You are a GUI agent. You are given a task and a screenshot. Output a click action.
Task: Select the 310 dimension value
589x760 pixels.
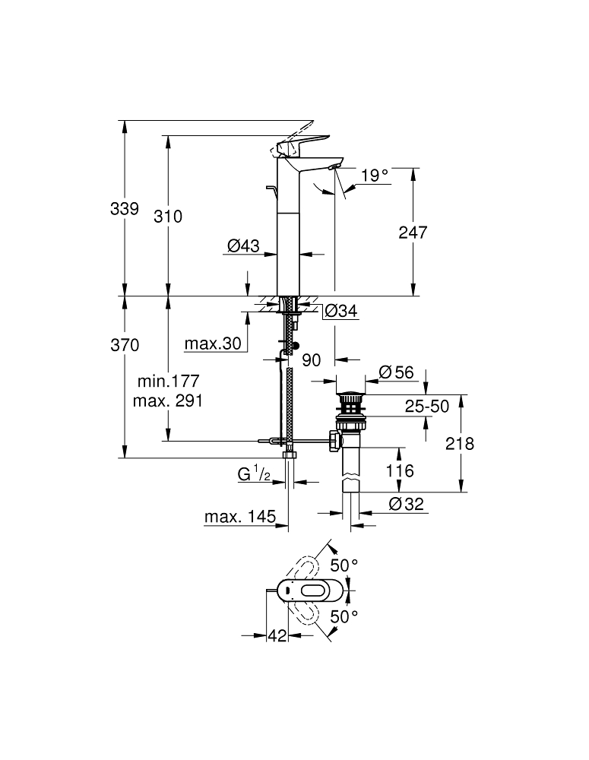coord(168,217)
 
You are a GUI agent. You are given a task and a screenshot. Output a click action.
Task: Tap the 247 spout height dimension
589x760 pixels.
coord(413,232)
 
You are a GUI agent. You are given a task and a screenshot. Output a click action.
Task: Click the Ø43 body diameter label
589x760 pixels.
coord(244,245)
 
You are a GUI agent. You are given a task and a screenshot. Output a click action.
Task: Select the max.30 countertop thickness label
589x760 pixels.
coord(213,344)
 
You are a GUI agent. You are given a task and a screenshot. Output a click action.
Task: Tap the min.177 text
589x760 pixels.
coord(167,381)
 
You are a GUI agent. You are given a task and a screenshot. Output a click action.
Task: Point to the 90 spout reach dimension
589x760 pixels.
coord(312,360)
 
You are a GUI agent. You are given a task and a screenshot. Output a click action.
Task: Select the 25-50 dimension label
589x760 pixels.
coord(426,407)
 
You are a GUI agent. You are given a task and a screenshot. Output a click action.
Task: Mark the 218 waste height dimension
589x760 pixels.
coord(459,444)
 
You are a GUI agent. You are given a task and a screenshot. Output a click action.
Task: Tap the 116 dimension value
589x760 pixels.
coord(398,471)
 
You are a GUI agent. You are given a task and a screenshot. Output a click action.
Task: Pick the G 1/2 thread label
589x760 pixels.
coord(254,474)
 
